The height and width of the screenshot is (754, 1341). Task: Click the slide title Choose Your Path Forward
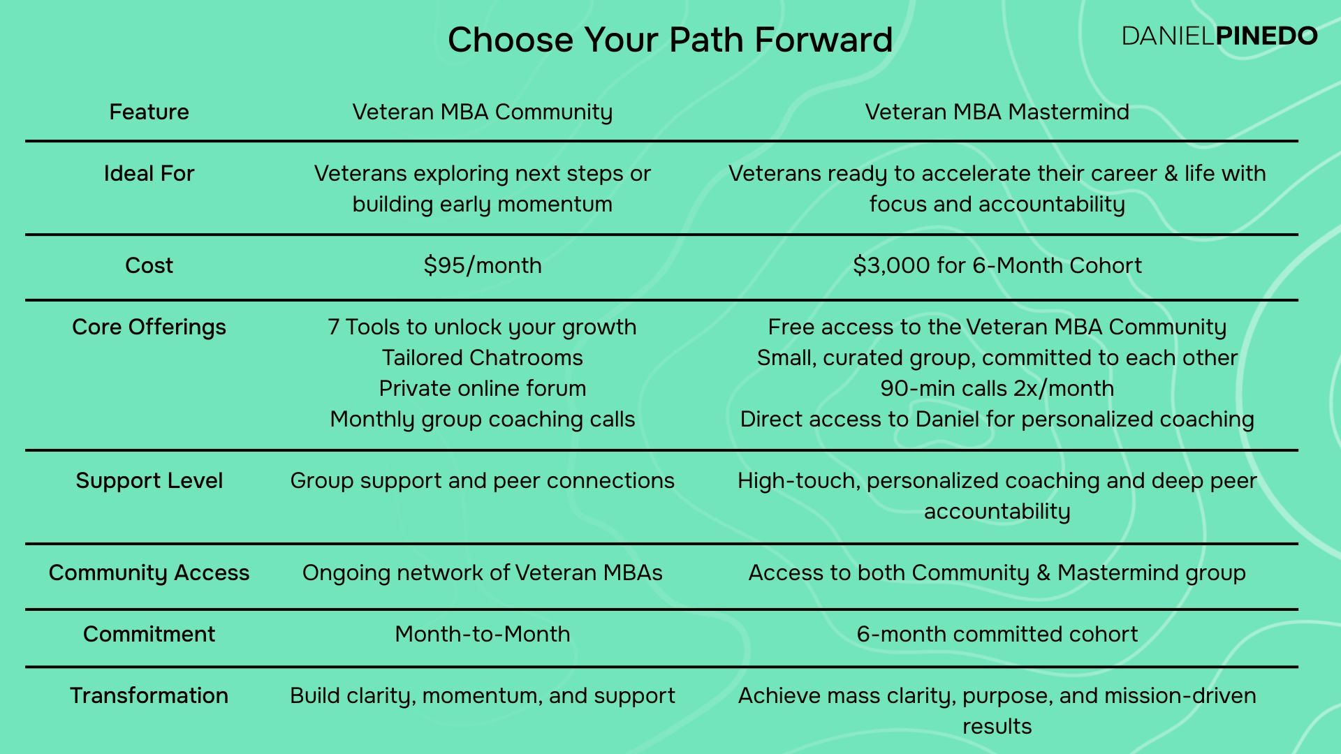pos(670,40)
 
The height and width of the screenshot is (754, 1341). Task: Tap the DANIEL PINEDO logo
pos(1219,36)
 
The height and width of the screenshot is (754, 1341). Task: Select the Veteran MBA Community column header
pos(482,112)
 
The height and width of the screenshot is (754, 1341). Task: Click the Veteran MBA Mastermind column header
pos(997,112)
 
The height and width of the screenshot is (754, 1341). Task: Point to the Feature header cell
pos(149,112)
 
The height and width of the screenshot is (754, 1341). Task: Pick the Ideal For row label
pos(149,173)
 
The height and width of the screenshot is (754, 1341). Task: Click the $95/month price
pos(482,265)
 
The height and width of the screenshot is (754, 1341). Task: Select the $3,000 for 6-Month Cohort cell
pos(997,265)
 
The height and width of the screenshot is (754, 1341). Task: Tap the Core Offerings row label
pos(149,327)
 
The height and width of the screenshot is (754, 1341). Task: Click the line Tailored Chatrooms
pos(482,357)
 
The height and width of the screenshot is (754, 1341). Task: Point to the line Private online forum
pos(482,388)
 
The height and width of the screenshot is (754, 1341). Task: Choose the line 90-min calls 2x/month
pos(997,388)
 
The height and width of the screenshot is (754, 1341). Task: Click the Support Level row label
pos(149,480)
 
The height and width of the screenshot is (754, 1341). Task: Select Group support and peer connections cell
pos(482,480)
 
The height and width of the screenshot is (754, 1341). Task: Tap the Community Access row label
pos(149,572)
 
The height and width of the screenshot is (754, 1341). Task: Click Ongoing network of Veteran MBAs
pos(482,572)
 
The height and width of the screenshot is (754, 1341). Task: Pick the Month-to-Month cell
pos(482,634)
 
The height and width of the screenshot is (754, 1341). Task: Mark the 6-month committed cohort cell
pos(997,634)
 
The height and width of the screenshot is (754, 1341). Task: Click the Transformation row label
pos(149,695)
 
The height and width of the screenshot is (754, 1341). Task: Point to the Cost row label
pos(149,265)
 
